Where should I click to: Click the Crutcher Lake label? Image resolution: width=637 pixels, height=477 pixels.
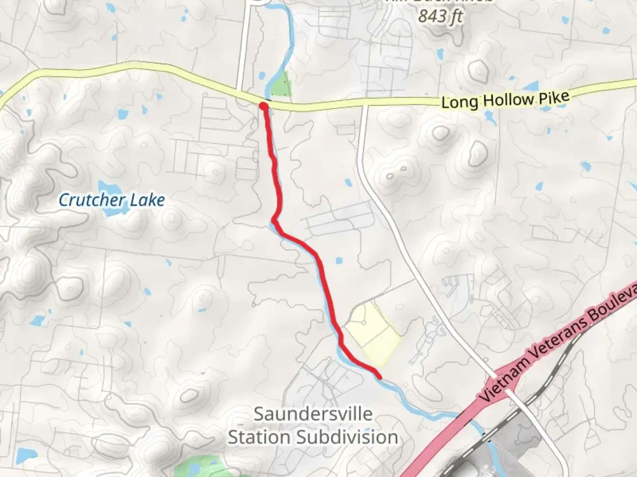tap(111, 200)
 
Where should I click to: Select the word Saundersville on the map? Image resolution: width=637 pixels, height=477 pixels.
tap(313, 414)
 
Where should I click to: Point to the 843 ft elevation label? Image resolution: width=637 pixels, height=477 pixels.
tap(440, 17)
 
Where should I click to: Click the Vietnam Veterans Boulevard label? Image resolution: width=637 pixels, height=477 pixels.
tap(553, 344)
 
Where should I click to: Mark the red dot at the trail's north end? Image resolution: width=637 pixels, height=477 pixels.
tap(263, 106)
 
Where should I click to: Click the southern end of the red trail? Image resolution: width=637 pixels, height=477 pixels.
tap(380, 377)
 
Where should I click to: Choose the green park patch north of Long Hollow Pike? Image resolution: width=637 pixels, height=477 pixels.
tap(280, 84)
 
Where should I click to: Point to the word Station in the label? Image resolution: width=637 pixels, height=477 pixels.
tap(260, 437)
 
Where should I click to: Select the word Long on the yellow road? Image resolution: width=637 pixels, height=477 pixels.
tap(460, 102)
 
